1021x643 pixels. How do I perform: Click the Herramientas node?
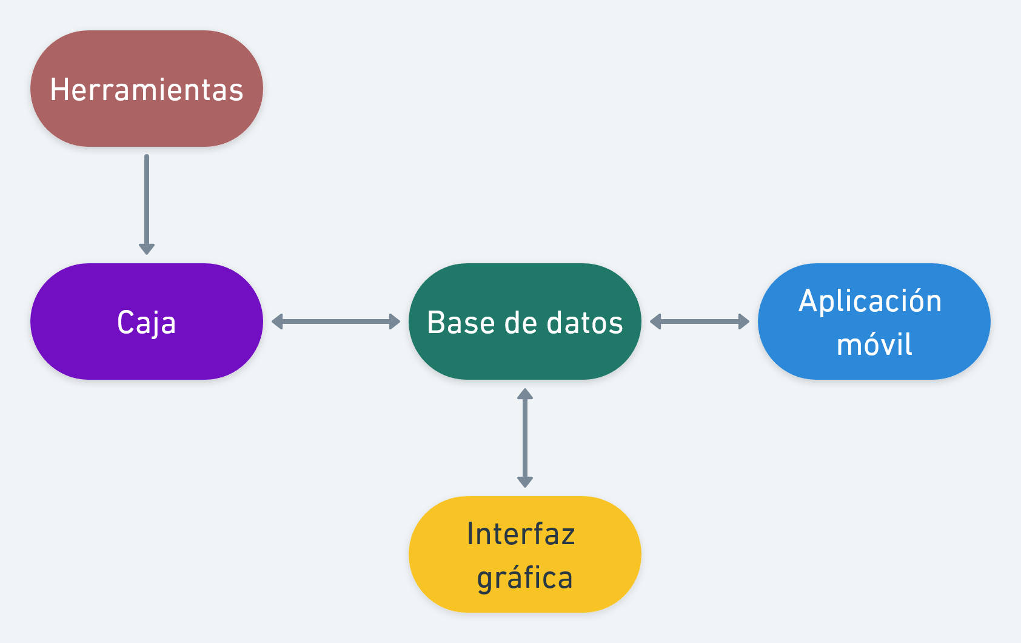146,89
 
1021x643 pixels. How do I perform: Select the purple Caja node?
146,321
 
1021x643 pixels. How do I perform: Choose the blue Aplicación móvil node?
874,321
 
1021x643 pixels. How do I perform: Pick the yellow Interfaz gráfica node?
524,554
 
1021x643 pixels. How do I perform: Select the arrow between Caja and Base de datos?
336,321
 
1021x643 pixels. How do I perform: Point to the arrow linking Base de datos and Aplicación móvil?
700,321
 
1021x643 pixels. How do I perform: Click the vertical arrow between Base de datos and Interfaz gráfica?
525,438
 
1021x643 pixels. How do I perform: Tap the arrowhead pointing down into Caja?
147,248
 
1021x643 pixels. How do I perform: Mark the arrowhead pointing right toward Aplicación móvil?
744,321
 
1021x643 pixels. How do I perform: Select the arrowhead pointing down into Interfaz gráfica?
525,482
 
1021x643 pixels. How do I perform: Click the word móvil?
874,345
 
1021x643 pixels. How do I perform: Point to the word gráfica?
524,578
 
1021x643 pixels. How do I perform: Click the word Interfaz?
521,534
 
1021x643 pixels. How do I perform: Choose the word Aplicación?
870,301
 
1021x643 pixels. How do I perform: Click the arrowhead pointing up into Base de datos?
525,394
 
